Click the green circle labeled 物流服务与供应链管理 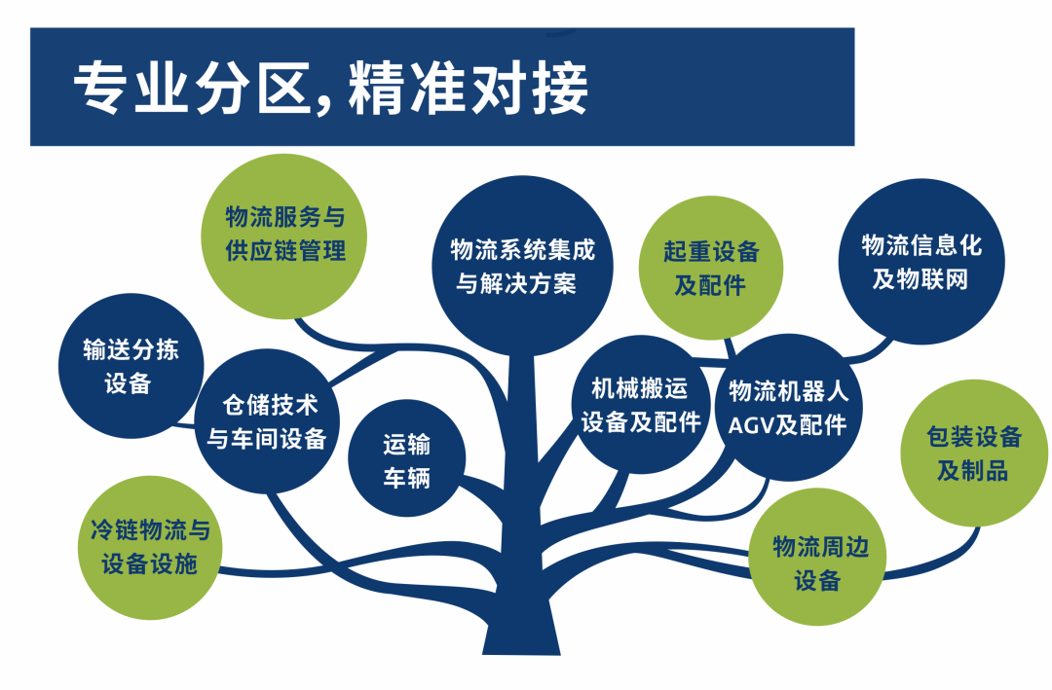click(x=283, y=236)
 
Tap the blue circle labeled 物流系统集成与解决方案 click(x=522, y=267)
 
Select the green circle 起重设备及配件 click(x=710, y=268)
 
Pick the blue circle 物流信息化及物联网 click(x=921, y=262)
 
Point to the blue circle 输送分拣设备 click(x=131, y=366)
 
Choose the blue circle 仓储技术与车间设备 click(x=267, y=421)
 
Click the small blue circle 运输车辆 click(x=406, y=458)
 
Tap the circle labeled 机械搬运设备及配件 click(x=641, y=404)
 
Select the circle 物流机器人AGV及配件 click(x=788, y=408)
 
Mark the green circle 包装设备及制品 click(x=974, y=454)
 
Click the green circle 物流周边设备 click(x=817, y=558)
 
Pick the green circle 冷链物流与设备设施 click(x=150, y=548)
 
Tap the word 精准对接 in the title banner click(x=469, y=89)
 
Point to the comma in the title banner click(x=323, y=104)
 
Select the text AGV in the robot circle click(x=751, y=425)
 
